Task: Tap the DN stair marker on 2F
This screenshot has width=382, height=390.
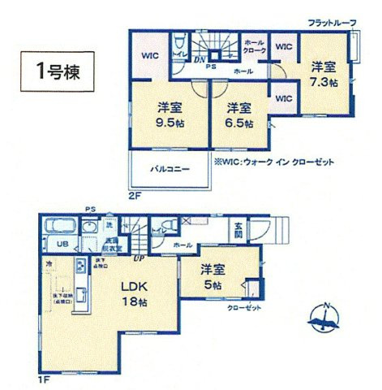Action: click(x=199, y=59)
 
